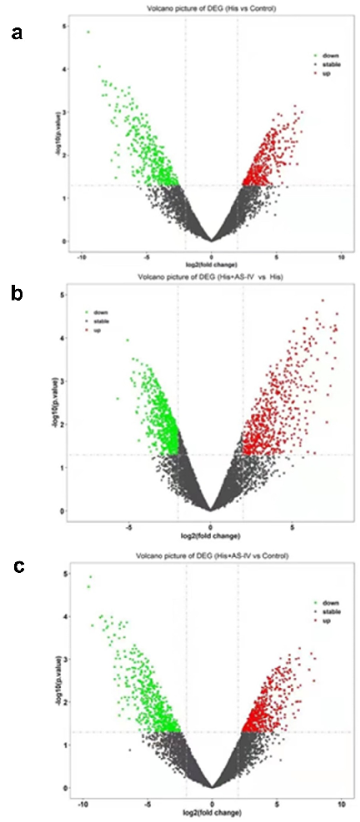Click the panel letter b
coord(16,294)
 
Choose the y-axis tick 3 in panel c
coord(66,659)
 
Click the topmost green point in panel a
coord(88,32)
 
